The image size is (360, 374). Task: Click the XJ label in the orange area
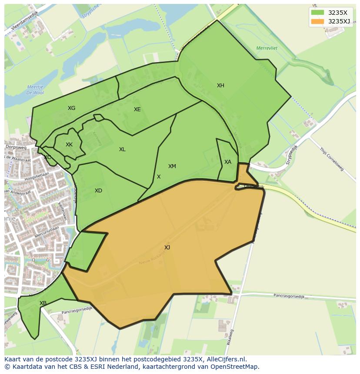167,248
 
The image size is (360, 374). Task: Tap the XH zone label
220,86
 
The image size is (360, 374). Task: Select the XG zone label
71,108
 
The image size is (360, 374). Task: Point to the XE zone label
137,109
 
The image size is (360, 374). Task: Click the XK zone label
69,145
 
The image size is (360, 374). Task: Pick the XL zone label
122,149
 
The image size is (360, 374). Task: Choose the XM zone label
172,166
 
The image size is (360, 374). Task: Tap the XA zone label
228,162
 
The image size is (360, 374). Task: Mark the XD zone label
98,191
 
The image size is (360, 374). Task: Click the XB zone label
43,303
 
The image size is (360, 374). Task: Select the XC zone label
47,157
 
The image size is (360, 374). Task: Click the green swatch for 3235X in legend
317,13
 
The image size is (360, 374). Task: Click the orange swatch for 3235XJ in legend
317,21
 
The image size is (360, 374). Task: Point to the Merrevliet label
279,48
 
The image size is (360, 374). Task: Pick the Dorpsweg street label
16,147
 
